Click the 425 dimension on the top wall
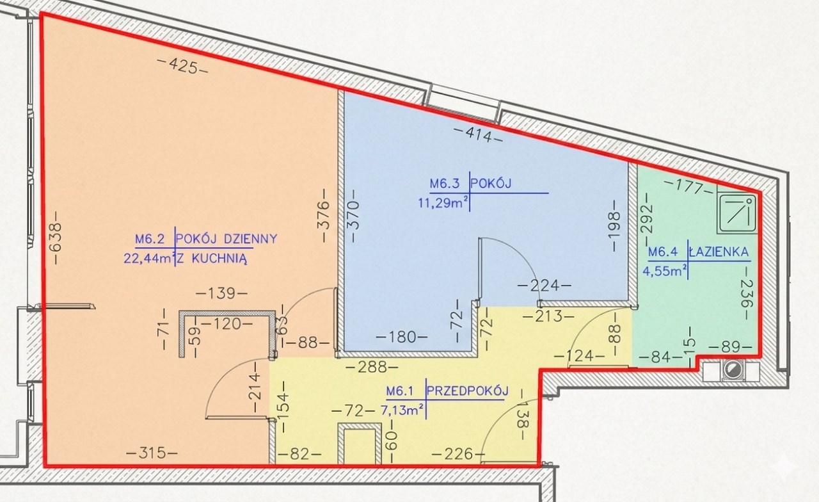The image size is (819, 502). pos(182,66)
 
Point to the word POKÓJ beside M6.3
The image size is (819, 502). pos(491,183)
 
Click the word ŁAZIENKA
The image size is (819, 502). pos(719,252)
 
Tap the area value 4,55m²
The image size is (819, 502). pos(664,271)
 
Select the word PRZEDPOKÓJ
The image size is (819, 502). pos(468,391)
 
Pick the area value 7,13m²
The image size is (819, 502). pos(402,410)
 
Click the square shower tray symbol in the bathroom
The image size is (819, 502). pos(736,214)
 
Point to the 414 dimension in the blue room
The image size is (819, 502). pos(478,134)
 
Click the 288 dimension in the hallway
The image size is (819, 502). pos(372,367)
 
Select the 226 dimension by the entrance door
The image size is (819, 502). pos(458,455)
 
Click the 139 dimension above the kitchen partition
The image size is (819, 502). pos(221,293)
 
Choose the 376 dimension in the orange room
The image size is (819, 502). pos(324,215)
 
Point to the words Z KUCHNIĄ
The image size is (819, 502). pos(212,259)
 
